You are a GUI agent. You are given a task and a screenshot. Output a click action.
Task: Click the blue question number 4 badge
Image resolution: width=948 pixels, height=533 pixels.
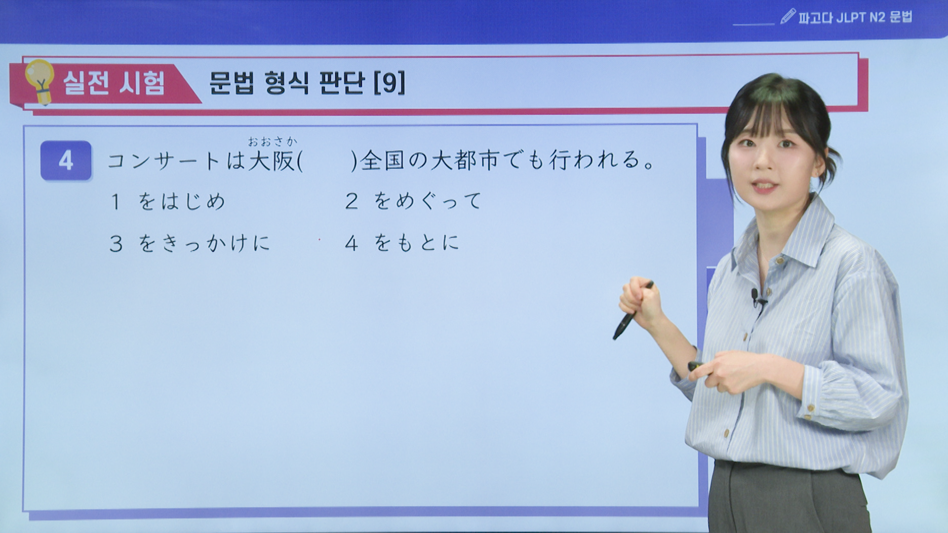tap(66, 160)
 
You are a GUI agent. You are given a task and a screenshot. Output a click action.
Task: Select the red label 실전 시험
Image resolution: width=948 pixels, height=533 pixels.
tap(114, 82)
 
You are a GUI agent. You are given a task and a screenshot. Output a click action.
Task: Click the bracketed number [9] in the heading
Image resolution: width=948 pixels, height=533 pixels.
tap(390, 82)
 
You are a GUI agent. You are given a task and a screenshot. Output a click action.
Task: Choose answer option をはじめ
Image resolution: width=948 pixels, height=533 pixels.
tap(181, 201)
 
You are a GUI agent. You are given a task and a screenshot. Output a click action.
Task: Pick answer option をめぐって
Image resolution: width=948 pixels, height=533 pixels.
tap(427, 201)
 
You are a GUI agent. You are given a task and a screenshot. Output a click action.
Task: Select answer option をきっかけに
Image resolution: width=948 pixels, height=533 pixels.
tap(204, 243)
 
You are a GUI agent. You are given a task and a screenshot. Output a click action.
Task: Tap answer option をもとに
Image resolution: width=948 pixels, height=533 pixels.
tap(416, 243)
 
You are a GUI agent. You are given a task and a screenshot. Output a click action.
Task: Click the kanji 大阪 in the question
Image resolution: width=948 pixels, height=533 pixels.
tap(272, 160)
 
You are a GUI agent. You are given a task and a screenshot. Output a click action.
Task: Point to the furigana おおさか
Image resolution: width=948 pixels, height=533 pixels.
tap(273, 142)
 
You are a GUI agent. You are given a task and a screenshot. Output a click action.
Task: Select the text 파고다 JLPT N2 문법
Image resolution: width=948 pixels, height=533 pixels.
tap(855, 17)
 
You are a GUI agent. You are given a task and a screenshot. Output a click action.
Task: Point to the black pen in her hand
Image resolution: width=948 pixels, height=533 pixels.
tap(632, 310)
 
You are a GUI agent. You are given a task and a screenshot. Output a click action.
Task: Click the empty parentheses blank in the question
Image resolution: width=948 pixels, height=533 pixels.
tap(327, 161)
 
